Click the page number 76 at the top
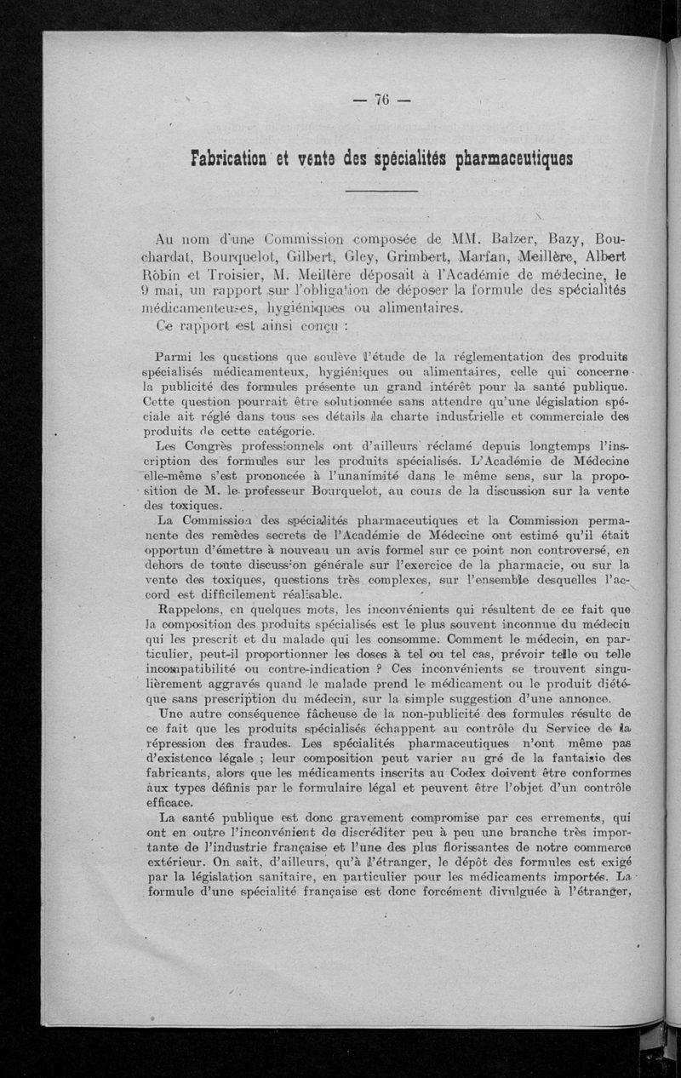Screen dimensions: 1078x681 pyautogui.click(x=381, y=100)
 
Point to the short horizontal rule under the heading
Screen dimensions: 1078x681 pyautogui.click(x=382, y=195)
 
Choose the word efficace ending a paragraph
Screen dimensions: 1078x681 pyautogui.click(x=169, y=803)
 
